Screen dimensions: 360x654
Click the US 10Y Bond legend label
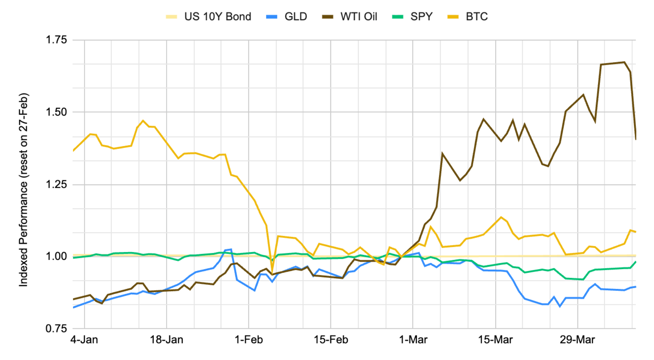[218, 17]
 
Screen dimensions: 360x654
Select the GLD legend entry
[296, 17]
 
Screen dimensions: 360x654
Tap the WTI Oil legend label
[359, 17]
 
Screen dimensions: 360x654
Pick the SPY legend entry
[421, 17]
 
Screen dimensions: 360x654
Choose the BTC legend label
[477, 17]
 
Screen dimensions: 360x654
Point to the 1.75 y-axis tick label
[56, 40]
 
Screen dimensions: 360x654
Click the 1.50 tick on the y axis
[56, 112]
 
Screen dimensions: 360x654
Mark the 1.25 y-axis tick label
[56, 184]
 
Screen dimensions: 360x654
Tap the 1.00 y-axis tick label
[56, 256]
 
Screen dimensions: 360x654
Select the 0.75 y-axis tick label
[56, 328]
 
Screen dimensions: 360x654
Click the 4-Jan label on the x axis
[84, 339]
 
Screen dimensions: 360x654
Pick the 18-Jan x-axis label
[166, 339]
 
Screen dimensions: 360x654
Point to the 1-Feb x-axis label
[249, 339]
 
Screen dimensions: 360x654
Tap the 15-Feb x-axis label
[331, 339]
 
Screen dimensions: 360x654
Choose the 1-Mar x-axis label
[413, 339]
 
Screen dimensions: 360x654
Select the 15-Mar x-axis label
[495, 339]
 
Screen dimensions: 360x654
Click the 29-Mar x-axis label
[577, 339]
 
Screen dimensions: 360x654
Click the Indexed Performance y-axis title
[24, 190]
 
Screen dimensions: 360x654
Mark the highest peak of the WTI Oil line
[624, 62]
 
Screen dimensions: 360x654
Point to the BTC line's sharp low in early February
[272, 272]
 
